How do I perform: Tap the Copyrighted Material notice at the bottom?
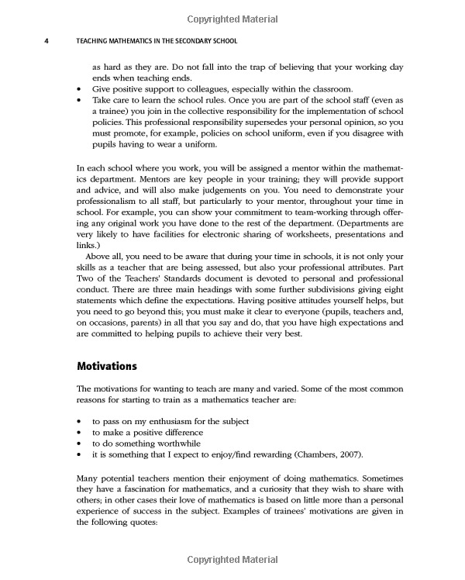coord(232,560)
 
